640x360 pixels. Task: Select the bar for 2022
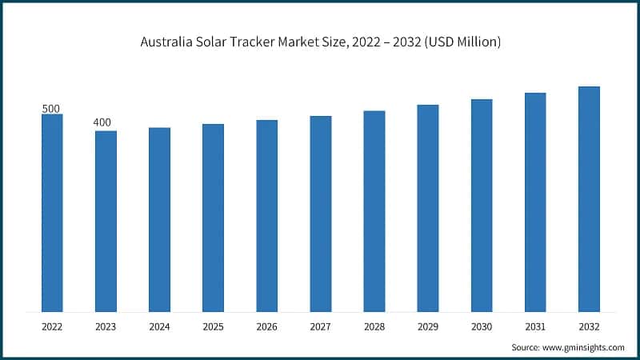click(x=52, y=212)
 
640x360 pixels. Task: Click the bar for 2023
click(x=106, y=221)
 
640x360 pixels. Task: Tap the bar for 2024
click(x=159, y=219)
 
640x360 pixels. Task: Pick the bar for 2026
click(x=266, y=215)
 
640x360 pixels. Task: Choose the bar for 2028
click(x=374, y=210)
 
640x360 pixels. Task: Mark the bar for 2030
click(x=482, y=205)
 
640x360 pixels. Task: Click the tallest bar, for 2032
click(x=589, y=198)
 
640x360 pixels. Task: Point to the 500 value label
click(x=51, y=108)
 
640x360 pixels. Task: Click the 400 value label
click(x=102, y=122)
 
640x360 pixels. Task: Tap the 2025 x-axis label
click(x=213, y=326)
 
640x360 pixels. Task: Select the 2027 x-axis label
click(x=320, y=326)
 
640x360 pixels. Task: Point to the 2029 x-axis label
click(x=427, y=326)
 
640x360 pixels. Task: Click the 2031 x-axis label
click(x=535, y=326)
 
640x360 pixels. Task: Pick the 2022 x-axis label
click(x=52, y=326)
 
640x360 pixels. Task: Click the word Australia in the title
click(x=167, y=42)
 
